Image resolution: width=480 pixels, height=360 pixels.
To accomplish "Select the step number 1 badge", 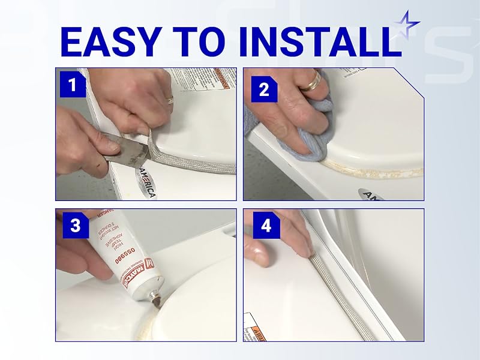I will point(73,85).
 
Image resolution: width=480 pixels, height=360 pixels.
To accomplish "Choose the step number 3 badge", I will point(75,226).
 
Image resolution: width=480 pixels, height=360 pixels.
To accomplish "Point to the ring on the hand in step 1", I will point(170,99).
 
